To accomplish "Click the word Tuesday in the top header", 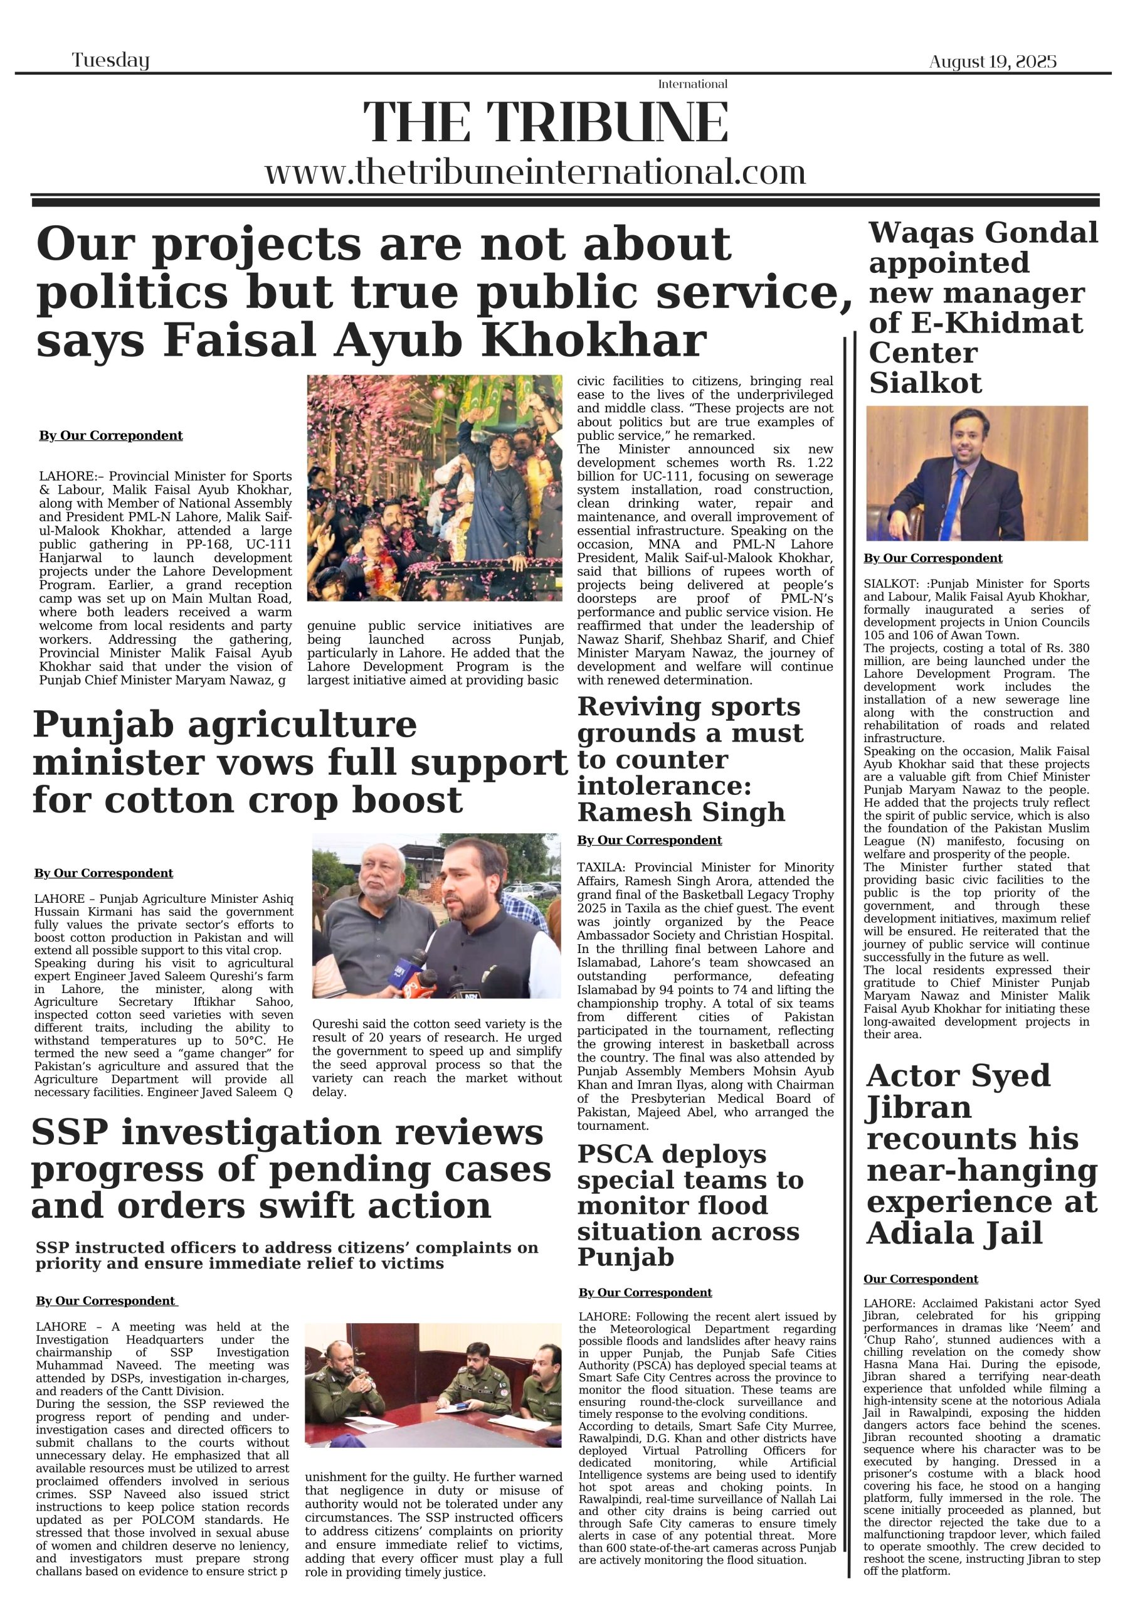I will [x=110, y=61].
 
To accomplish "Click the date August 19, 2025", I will [x=992, y=61].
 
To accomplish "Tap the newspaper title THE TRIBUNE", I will [x=546, y=122].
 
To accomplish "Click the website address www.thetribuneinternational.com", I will [x=535, y=171].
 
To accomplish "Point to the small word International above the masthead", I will [x=692, y=84].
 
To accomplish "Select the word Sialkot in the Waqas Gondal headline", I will [x=925, y=383].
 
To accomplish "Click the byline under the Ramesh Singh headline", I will [x=649, y=840].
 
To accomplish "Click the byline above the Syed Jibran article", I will [x=921, y=1279].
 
